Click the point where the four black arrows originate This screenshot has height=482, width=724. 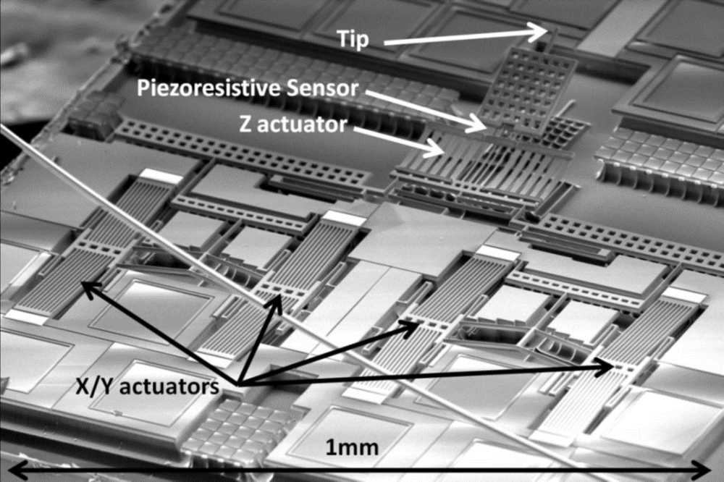point(237,381)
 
